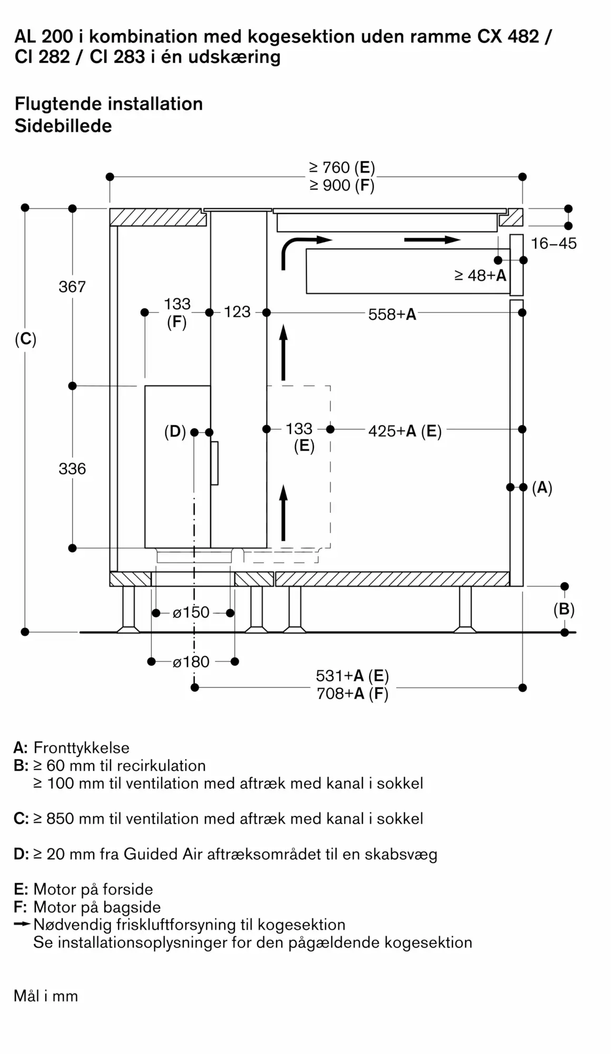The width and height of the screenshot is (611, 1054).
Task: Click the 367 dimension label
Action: click(72, 287)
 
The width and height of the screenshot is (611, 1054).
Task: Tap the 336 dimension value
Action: click(72, 469)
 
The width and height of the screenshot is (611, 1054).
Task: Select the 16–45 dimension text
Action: click(554, 243)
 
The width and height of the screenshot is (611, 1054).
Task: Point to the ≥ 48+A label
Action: click(480, 275)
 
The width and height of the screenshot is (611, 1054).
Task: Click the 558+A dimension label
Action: click(392, 315)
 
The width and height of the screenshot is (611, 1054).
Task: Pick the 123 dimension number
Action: click(237, 312)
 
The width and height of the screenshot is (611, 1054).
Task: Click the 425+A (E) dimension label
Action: click(405, 431)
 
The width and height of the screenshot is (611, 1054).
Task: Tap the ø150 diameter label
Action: click(191, 612)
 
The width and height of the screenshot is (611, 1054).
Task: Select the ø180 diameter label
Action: click(191, 662)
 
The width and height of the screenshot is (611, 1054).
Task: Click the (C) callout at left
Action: click(25, 339)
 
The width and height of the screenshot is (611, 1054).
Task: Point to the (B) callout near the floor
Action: click(564, 609)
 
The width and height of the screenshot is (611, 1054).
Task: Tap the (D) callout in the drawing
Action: click(175, 432)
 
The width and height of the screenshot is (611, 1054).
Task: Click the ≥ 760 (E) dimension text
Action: click(342, 168)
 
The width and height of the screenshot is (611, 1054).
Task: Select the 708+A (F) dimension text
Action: click(352, 694)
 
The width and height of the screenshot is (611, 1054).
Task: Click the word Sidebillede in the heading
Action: click(63, 126)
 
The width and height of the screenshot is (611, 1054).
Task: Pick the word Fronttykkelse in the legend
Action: click(81, 748)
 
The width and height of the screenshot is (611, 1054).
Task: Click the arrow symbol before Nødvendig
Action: click(22, 924)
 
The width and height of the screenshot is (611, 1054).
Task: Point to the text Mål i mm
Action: click(46, 997)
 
